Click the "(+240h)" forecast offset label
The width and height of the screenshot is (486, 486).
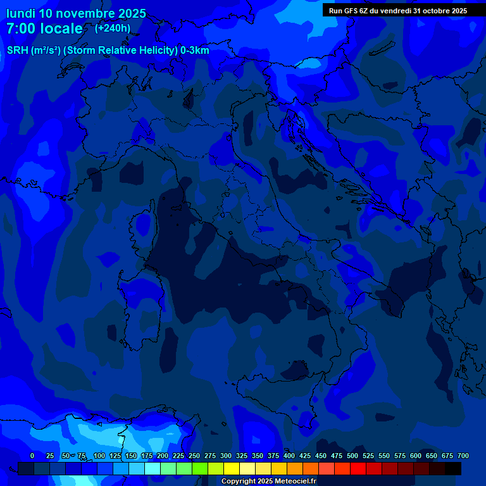113,28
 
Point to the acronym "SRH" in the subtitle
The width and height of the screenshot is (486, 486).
18,51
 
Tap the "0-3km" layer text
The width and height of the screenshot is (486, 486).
194,51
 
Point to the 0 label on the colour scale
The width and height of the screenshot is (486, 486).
32,456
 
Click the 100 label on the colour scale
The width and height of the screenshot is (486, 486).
99,456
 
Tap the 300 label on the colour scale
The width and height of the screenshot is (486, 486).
226,456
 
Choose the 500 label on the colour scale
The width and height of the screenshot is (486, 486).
352,456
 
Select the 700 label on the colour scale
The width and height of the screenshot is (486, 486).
463,456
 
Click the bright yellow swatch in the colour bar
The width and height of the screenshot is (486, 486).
232,469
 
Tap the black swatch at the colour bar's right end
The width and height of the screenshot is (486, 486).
453,469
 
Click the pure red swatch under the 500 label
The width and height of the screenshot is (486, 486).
358,469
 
